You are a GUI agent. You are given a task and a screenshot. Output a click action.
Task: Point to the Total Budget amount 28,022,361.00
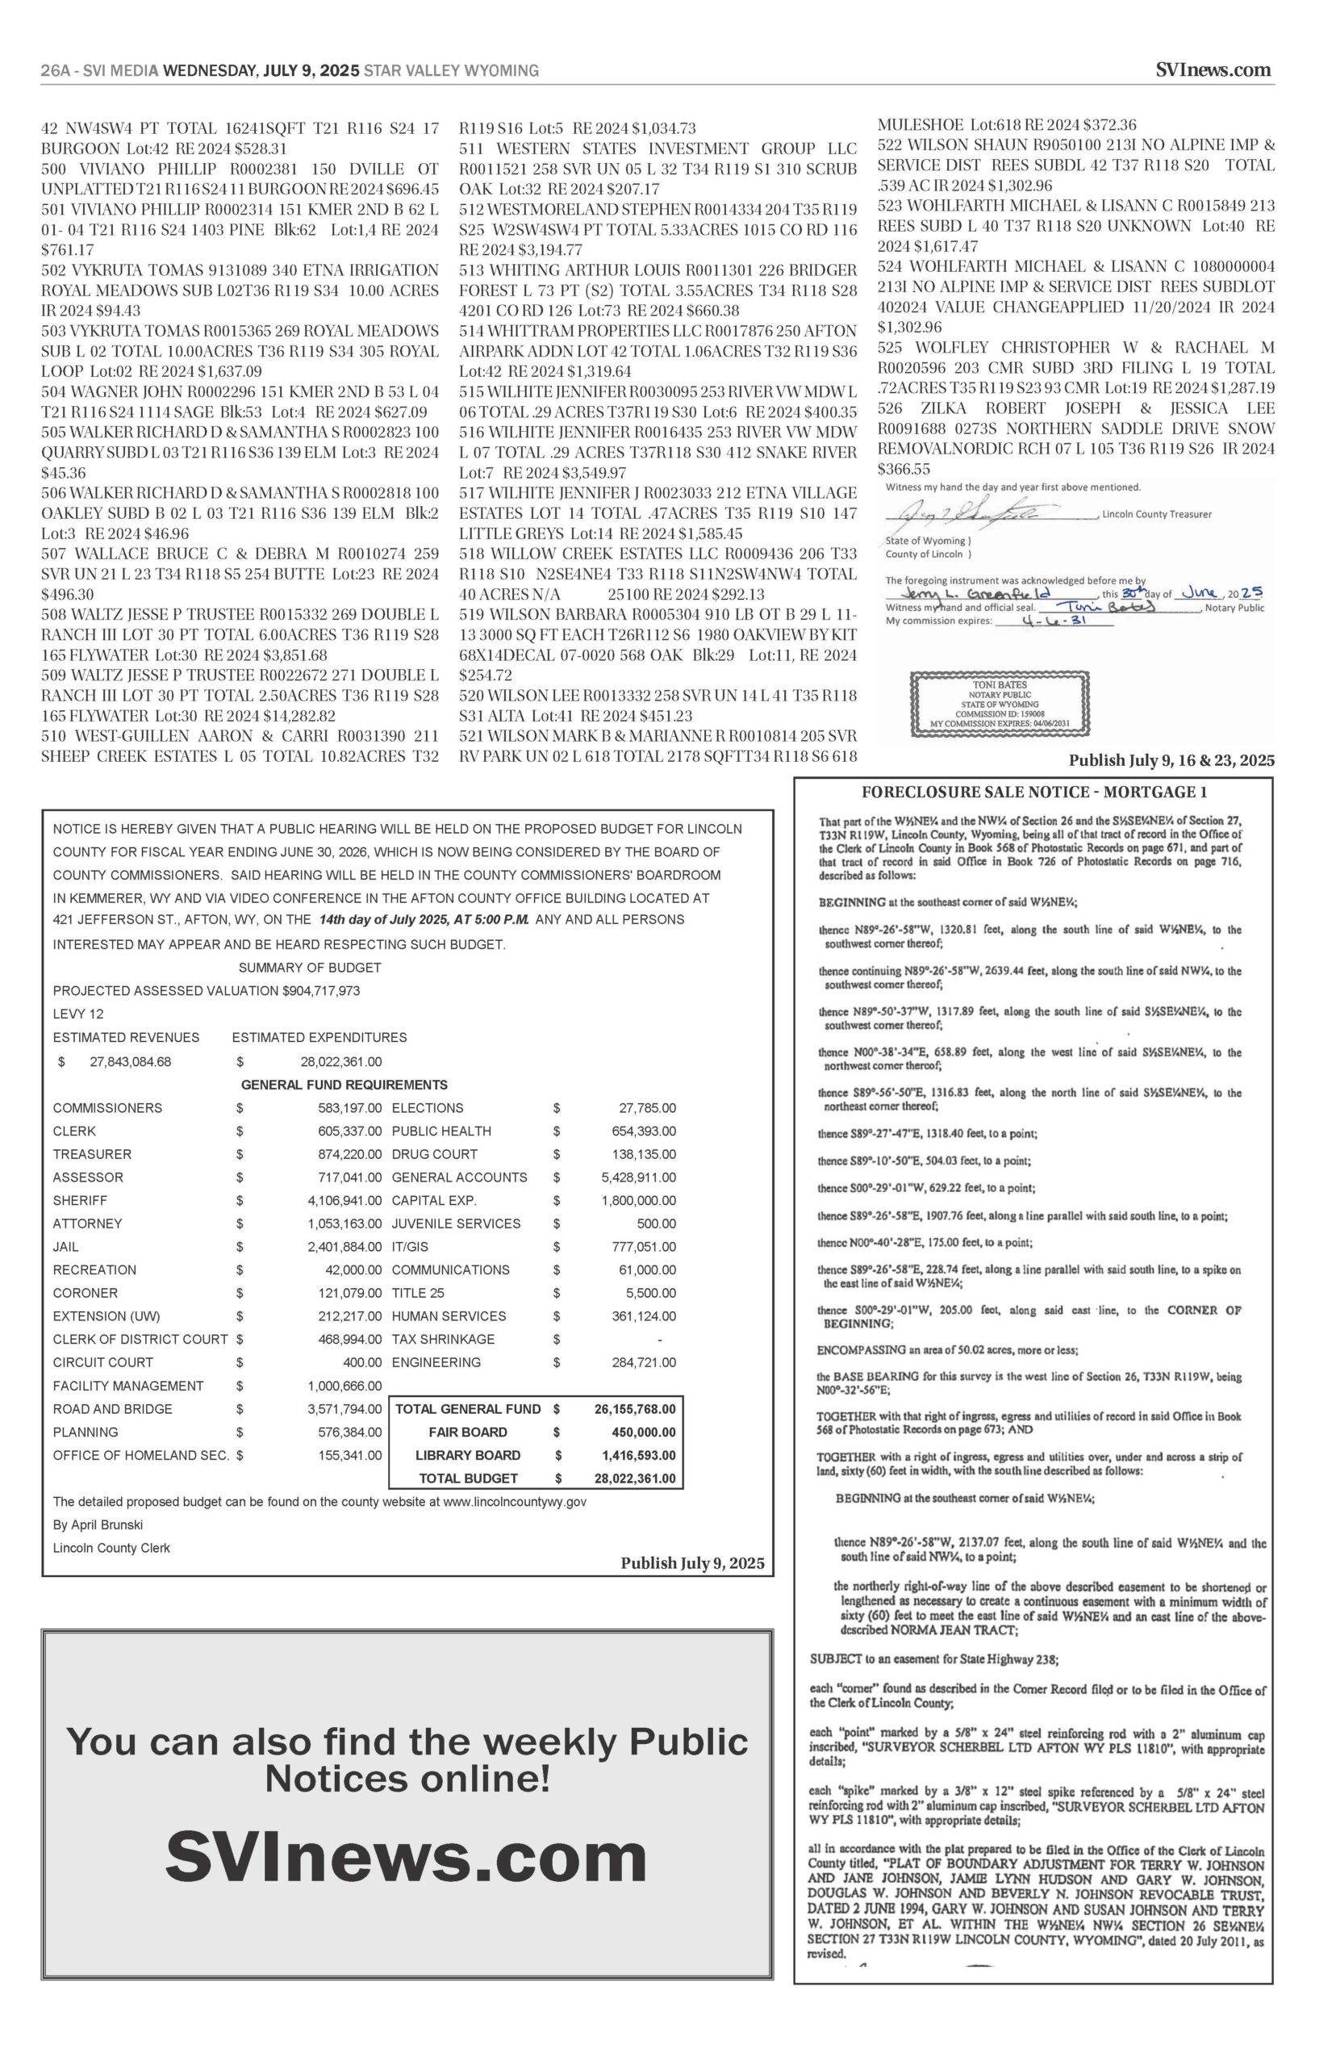635,1478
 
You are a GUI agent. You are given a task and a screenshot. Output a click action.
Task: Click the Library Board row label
468,1454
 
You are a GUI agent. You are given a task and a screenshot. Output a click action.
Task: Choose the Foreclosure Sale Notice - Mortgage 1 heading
1033,792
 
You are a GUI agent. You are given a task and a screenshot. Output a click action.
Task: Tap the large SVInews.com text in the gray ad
406,1858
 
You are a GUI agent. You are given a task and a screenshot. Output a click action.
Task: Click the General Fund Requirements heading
344,1085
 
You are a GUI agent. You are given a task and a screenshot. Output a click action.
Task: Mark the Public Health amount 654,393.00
644,1131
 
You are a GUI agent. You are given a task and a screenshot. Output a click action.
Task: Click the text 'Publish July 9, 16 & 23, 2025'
1171,761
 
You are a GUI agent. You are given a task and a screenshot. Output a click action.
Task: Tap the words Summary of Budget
310,967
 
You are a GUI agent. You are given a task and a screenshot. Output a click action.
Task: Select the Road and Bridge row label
113,1408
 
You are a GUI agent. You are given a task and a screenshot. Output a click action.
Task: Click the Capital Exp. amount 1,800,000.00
638,1200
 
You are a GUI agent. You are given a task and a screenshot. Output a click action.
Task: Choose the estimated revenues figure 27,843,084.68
130,1061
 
